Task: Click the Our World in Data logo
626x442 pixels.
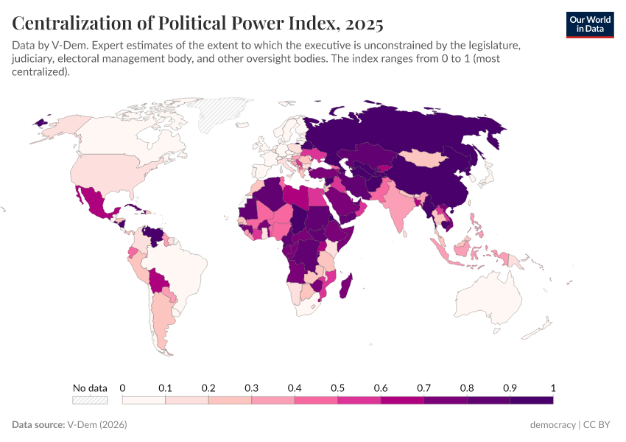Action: pyautogui.click(x=589, y=24)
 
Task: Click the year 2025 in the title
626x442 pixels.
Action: pyautogui.click(x=362, y=24)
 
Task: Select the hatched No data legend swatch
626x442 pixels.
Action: pyautogui.click(x=90, y=400)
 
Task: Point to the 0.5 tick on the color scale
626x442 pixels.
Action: pyautogui.click(x=337, y=388)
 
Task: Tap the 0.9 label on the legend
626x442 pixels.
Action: pyautogui.click(x=510, y=388)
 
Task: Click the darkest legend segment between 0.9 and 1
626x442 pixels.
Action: pyautogui.click(x=531, y=400)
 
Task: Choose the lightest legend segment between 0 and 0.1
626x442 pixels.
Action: pyautogui.click(x=144, y=400)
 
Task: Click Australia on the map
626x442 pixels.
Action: pyautogui.click(x=490, y=302)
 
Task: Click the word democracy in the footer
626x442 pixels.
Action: pyautogui.click(x=553, y=425)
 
